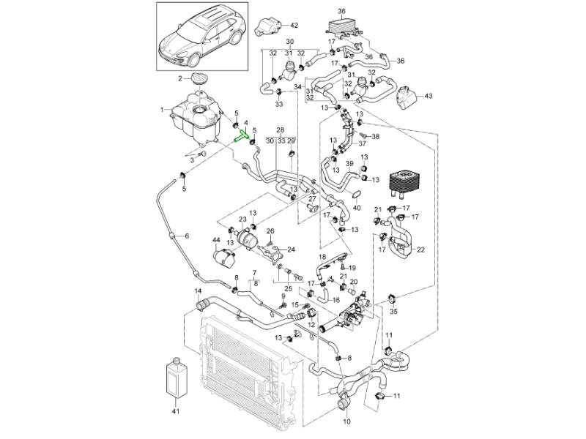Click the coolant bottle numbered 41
[175, 378]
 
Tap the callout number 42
[285, 26]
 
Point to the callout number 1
[163, 110]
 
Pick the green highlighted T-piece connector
[243, 134]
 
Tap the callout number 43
[429, 96]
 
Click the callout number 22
[421, 250]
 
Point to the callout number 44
[216, 240]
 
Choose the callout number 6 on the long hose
[186, 236]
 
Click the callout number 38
[376, 137]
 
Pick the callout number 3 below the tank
[192, 159]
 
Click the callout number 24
[291, 249]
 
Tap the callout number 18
[322, 258]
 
